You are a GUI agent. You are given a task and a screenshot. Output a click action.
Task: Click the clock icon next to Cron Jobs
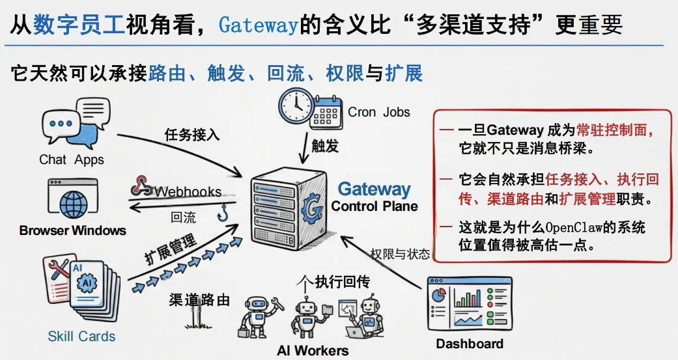(296, 105)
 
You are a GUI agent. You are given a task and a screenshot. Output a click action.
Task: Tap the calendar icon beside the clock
(325, 111)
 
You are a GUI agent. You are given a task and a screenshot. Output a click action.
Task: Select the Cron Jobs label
(378, 111)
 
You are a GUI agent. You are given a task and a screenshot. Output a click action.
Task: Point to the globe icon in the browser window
(73, 203)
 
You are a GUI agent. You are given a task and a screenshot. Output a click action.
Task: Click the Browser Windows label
(72, 230)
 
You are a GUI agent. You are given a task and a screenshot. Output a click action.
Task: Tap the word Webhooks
(188, 191)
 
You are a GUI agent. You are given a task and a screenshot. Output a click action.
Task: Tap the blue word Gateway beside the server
(374, 189)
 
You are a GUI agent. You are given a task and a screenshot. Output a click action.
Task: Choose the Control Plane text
(374, 206)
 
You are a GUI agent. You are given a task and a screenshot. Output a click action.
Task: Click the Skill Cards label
(81, 337)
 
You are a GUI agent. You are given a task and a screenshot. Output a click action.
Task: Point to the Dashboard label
(469, 344)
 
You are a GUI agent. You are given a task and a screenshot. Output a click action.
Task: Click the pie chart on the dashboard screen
(441, 294)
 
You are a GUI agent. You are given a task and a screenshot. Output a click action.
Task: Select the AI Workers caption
(313, 350)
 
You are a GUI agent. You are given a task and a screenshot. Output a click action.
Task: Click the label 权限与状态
(400, 254)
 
